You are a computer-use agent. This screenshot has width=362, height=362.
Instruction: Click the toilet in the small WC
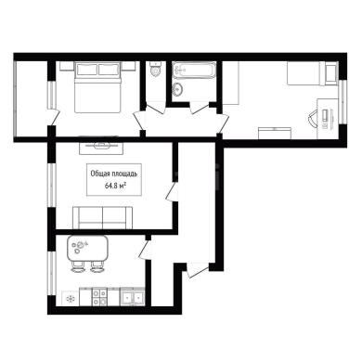155,69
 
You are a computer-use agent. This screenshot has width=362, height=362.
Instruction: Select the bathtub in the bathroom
194,71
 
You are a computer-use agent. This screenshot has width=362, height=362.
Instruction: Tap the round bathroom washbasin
178,89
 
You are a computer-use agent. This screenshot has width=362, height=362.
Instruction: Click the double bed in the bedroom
97,87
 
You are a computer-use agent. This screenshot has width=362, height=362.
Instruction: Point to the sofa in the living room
102,218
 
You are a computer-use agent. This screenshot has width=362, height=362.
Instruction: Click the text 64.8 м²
116,186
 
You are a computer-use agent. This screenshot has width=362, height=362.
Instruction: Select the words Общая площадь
114,174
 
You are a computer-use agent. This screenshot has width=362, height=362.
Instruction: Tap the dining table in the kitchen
87,248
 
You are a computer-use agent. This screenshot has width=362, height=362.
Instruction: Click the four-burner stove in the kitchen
99,297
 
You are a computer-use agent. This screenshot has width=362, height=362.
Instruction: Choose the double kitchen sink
133,297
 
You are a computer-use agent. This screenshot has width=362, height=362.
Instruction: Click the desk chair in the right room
313,120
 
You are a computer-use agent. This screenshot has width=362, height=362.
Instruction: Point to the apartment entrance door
198,270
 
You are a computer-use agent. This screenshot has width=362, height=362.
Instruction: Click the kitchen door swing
145,251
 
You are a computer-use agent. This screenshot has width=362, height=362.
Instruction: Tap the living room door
172,192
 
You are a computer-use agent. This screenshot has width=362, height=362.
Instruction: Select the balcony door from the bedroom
54,117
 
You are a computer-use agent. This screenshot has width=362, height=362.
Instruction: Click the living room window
51,185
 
